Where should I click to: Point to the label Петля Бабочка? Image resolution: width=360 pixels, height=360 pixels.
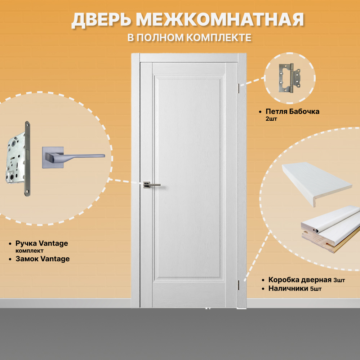tap(292, 111)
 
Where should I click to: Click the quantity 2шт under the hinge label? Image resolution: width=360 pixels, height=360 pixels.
tap(271, 119)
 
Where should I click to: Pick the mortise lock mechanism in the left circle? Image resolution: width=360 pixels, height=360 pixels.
tap(18, 159)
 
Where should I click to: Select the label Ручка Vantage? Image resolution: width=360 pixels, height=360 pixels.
tap(41, 243)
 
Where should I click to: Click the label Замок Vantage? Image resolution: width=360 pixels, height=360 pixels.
tap(43, 259)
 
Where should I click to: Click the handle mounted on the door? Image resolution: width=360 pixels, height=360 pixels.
tap(151, 185)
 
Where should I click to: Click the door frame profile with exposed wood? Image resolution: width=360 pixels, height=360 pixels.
tap(330, 231)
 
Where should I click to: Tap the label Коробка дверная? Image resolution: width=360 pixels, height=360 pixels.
tap(300, 280)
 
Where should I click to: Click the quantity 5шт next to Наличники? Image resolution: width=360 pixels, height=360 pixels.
tap(316, 289)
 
